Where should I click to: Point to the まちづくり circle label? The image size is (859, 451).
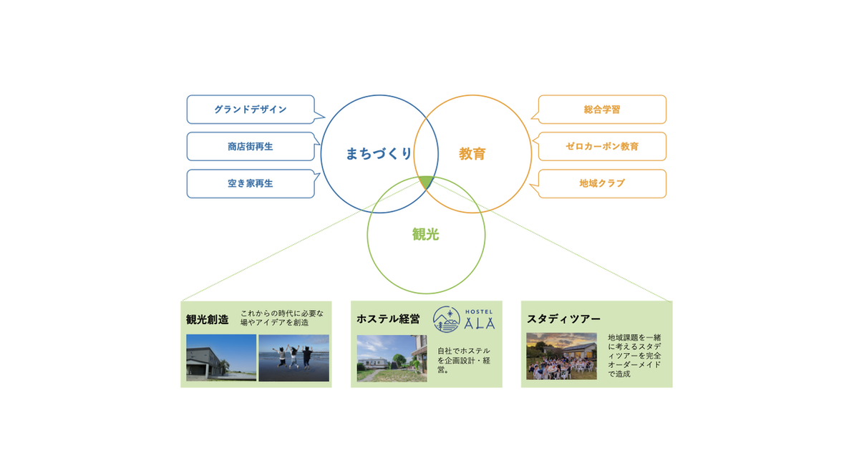tap(379, 154)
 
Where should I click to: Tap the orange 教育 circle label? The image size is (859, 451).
tap(472, 154)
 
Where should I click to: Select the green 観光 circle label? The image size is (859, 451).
tap(426, 234)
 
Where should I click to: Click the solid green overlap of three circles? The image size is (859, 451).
tap(427, 182)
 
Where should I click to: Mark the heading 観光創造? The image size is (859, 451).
tap(207, 319)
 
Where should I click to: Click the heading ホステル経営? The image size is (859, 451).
tap(388, 319)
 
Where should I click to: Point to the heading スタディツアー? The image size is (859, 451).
tap(563, 319)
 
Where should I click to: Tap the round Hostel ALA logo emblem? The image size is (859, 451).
tap(447, 319)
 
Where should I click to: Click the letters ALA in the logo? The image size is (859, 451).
tap(480, 324)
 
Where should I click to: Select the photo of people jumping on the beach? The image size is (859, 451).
tap(293, 358)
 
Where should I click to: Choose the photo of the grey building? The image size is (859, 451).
tap(221, 358)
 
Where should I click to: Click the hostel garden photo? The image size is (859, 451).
tap(392, 358)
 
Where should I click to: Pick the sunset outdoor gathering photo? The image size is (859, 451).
tap(561, 357)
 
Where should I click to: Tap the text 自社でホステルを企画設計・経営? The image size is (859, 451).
tap(464, 361)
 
